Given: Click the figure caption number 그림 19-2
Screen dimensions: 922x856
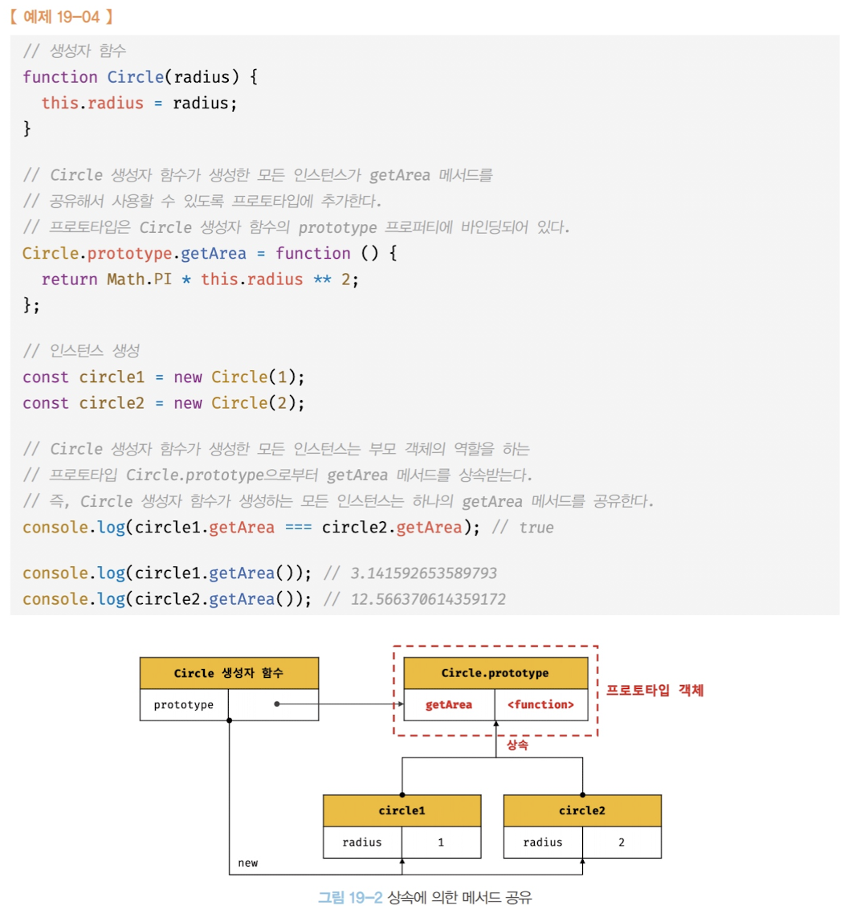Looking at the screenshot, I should click(350, 897).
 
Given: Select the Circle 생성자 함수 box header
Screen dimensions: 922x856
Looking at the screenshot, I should click(229, 673).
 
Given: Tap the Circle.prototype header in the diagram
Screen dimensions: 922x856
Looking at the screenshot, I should click(495, 673).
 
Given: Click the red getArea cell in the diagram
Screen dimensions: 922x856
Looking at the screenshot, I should click(448, 704).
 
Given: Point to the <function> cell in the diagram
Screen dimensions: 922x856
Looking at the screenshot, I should click(540, 704).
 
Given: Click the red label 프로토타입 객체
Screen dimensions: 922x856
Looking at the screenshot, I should click(654, 690).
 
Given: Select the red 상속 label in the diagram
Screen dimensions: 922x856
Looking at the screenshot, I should click(517, 745).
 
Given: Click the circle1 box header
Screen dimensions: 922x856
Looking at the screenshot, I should click(402, 810).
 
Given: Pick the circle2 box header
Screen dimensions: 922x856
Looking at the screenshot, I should click(582, 810).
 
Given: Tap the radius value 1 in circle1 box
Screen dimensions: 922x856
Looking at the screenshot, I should click(441, 842).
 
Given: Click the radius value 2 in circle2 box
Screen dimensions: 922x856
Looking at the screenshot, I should click(622, 842).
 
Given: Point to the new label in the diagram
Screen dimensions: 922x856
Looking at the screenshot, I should click(248, 863).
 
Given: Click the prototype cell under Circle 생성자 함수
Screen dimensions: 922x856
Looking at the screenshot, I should click(184, 704).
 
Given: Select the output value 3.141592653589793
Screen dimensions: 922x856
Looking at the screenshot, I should click(423, 573).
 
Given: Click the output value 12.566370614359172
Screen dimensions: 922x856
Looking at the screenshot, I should click(428, 599).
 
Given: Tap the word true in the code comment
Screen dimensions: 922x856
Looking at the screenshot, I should click(536, 528).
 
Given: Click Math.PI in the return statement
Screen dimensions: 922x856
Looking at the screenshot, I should click(139, 279).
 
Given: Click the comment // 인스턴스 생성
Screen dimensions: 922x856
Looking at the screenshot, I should click(81, 351).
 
